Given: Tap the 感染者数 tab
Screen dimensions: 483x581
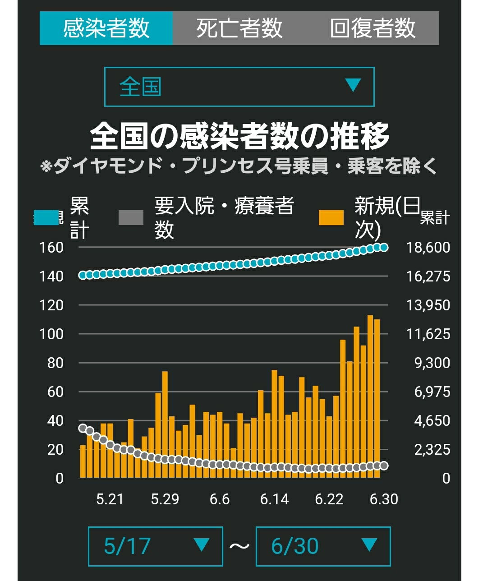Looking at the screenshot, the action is click(106, 28).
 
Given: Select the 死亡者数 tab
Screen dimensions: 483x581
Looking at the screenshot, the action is click(239, 28).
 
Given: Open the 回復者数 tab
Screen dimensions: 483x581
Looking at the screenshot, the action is click(373, 28).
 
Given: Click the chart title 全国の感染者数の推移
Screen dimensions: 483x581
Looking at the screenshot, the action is click(239, 136).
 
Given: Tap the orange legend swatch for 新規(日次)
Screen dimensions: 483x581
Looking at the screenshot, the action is click(331, 217).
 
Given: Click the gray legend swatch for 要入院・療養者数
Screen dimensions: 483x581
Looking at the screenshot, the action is click(131, 217).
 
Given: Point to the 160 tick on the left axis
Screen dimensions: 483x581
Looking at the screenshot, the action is click(51, 247).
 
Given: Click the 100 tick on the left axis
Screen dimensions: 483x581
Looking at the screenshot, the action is click(51, 334).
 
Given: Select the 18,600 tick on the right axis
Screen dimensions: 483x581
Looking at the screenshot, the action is click(428, 247).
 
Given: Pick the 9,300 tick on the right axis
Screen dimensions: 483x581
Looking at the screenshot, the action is click(432, 363).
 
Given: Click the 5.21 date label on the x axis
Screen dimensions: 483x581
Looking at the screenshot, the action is click(110, 499).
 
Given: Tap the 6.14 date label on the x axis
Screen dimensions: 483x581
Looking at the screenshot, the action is click(274, 499).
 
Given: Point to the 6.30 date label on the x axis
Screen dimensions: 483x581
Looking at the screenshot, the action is click(384, 499).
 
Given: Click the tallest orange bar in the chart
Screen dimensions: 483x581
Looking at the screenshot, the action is click(370, 396).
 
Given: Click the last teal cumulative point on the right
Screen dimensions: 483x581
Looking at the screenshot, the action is click(384, 247).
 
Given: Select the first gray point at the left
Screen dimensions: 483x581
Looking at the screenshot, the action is click(83, 428).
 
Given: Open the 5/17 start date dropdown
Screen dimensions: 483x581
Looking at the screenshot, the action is click(156, 547).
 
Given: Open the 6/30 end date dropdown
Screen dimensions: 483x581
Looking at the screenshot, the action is click(323, 547).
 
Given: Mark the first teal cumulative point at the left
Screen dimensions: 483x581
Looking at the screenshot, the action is click(83, 275).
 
